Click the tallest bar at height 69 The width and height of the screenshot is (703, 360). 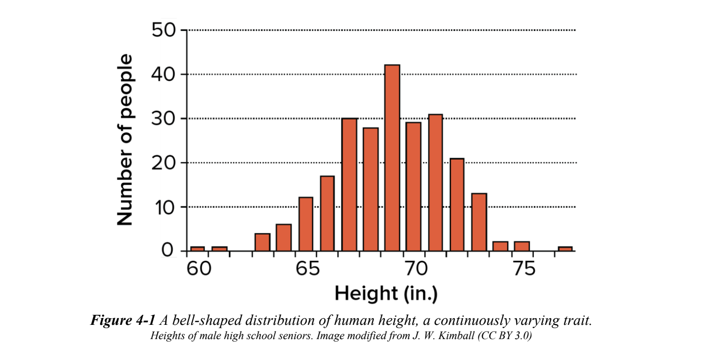tap(392, 158)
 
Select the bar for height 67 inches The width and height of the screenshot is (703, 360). tap(349, 185)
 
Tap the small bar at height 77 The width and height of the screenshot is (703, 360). tap(565, 248)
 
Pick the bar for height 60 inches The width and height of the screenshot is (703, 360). tap(197, 248)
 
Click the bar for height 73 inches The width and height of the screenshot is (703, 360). tap(479, 222)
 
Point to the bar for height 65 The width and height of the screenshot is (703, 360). tap(306, 224)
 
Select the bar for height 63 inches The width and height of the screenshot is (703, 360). tap(262, 242)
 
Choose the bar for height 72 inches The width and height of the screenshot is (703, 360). tap(457, 205)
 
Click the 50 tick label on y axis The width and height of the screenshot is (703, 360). tap(163, 31)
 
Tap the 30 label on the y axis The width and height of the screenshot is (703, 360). tap(163, 119)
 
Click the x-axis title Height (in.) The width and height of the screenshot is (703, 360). tap(386, 294)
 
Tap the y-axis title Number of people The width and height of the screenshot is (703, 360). tap(124, 140)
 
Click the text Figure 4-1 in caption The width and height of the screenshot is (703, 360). tap(123, 320)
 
